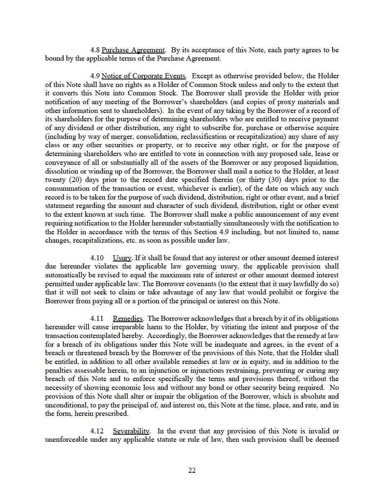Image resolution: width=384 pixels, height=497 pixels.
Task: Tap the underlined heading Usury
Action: click(122, 258)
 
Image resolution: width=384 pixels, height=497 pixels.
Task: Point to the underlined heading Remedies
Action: click(128, 319)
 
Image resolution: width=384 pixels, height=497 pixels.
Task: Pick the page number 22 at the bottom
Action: click(192, 470)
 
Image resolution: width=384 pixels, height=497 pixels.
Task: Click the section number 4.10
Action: click(97, 258)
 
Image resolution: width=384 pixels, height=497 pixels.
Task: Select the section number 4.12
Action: click(97, 431)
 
